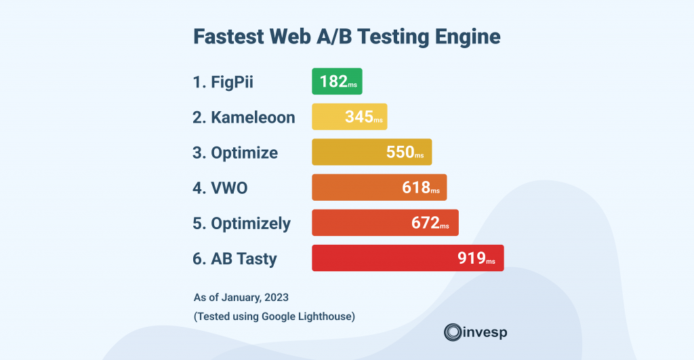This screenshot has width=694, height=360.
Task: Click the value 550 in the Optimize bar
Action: tap(400, 152)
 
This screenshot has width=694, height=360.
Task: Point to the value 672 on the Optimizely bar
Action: tap(426, 222)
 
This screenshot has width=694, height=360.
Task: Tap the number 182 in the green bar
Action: tap(333, 82)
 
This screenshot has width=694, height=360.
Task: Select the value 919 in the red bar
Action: tap(471, 258)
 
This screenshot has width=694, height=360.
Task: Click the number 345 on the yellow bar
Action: tap(359, 117)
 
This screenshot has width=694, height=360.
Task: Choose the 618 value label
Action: tap(416, 187)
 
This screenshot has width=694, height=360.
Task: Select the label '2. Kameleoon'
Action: tap(243, 117)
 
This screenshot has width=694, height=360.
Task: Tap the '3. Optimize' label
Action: tap(234, 153)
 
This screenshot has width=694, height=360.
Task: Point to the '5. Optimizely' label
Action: tap(241, 223)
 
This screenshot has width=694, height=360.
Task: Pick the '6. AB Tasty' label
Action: tap(234, 258)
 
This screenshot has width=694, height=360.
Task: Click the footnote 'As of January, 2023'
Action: tap(236, 297)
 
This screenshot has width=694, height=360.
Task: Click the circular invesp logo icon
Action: tap(452, 332)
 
